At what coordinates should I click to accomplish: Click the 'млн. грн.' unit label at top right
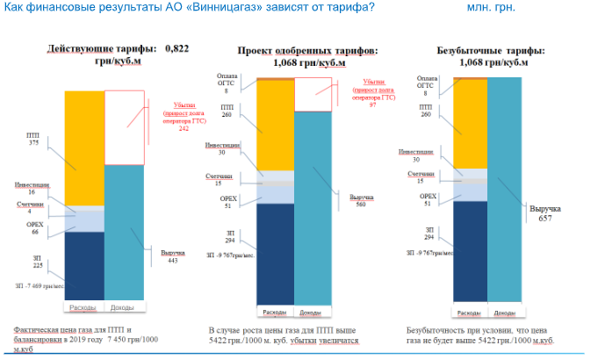tap(491, 8)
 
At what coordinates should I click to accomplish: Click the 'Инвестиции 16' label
tap(31, 190)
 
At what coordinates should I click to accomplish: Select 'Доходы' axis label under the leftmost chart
tap(124, 307)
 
